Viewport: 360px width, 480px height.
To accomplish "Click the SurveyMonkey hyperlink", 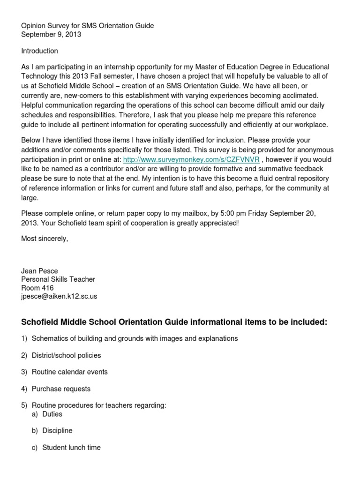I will point(191,159).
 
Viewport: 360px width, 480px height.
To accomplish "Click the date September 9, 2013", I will point(52,35).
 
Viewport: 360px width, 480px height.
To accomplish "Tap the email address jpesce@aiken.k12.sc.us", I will point(59,296).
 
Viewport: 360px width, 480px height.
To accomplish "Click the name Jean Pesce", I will point(40,270).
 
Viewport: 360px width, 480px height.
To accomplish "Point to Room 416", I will point(37,288).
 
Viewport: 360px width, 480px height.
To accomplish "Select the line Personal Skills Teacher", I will point(58,279).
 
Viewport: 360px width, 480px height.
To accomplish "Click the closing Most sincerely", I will point(45,239).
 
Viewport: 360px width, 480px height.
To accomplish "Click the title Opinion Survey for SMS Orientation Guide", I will point(87,26).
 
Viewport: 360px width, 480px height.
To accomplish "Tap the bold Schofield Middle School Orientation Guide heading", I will point(174,322).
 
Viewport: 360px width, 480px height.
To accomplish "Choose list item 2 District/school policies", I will point(66,355).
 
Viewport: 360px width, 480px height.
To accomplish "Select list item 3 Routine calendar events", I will point(69,372).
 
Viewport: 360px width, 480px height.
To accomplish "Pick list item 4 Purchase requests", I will point(61,389).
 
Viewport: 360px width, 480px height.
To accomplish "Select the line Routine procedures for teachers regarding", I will point(99,405).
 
